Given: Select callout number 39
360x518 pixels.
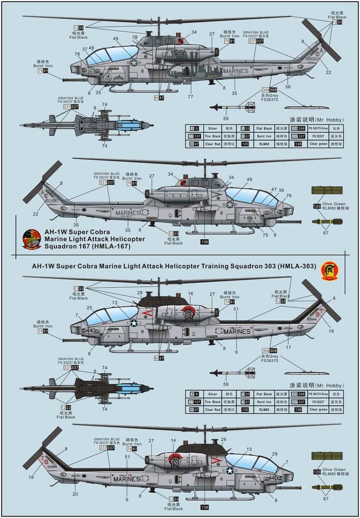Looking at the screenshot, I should (135, 37).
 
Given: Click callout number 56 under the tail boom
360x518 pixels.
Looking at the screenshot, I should (288, 87).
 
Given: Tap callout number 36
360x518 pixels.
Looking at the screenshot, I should (282, 190).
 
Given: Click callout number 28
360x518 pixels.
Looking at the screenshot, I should (140, 293).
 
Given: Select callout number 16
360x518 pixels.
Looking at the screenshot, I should (191, 293).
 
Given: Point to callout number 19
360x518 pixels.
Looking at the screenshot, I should (331, 331).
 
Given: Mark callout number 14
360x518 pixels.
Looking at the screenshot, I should (173, 441).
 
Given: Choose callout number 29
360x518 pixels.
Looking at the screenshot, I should (275, 454).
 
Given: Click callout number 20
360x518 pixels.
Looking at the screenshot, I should (75, 494).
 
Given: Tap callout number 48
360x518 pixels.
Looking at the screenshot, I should (91, 48).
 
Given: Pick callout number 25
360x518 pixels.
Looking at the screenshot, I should (89, 308).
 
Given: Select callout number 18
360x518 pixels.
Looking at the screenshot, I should (31, 477).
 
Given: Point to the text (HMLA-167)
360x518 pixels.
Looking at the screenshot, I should (113, 246).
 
